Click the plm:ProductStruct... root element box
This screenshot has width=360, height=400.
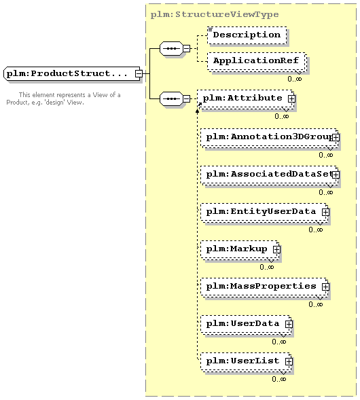click(73, 74)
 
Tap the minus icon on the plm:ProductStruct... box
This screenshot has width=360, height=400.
click(139, 74)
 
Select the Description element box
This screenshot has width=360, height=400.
click(247, 35)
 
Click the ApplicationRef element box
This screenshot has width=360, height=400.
click(257, 61)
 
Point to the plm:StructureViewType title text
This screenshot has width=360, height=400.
click(215, 14)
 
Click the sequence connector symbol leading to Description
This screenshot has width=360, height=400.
click(172, 48)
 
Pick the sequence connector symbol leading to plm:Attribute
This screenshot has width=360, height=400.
click(172, 98)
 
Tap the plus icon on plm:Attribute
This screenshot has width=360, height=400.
click(291, 98)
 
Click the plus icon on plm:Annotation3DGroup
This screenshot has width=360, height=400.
click(336, 137)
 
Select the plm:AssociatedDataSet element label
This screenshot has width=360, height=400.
click(269, 175)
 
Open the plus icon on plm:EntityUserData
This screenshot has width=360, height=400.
click(325, 212)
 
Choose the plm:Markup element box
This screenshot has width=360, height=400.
click(240, 249)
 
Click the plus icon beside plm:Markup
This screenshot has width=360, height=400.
click(276, 249)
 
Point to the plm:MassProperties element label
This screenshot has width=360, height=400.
click(261, 286)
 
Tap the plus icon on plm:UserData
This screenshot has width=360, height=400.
click(289, 324)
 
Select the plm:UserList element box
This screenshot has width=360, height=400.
click(246, 361)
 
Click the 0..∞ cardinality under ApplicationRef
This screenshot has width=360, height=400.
click(295, 79)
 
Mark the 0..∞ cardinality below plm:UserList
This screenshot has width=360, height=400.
click(279, 379)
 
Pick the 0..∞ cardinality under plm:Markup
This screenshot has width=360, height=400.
click(267, 267)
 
